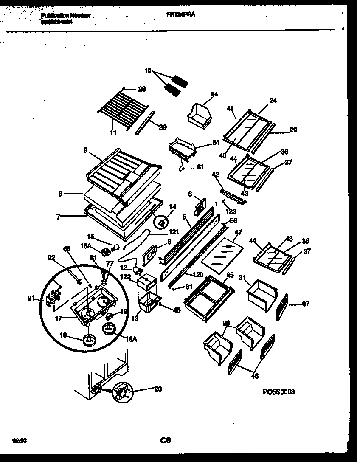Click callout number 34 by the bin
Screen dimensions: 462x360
click(x=214, y=94)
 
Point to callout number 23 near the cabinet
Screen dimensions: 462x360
click(x=158, y=389)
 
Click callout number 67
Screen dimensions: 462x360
click(x=306, y=304)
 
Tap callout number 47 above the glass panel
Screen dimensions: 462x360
click(x=238, y=233)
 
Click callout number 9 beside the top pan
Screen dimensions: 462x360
click(x=85, y=149)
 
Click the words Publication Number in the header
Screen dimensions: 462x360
click(x=66, y=16)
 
